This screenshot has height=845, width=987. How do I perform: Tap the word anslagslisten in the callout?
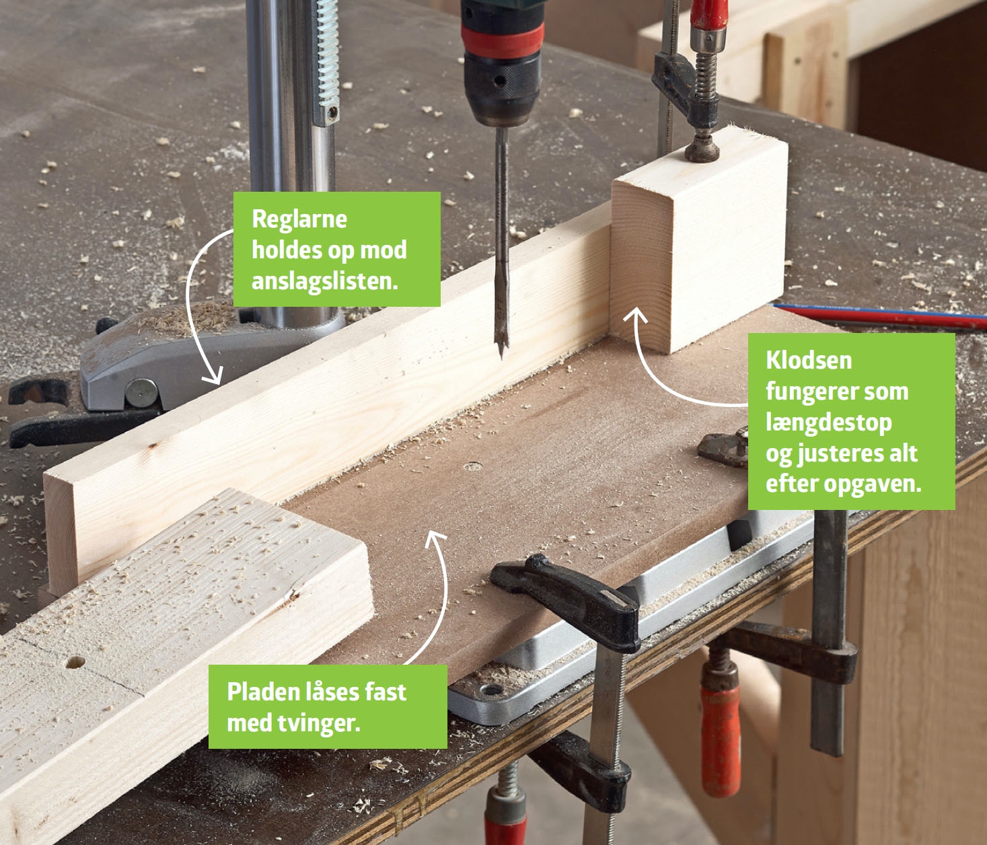click(325, 281)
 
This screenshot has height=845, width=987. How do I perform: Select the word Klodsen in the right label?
click(809, 361)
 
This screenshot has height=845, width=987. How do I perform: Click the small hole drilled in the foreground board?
click(75, 663)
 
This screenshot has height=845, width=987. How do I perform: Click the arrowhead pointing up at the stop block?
click(636, 316)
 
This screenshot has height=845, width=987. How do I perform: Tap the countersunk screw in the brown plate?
click(473, 466)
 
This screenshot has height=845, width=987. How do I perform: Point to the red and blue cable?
click(879, 316)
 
